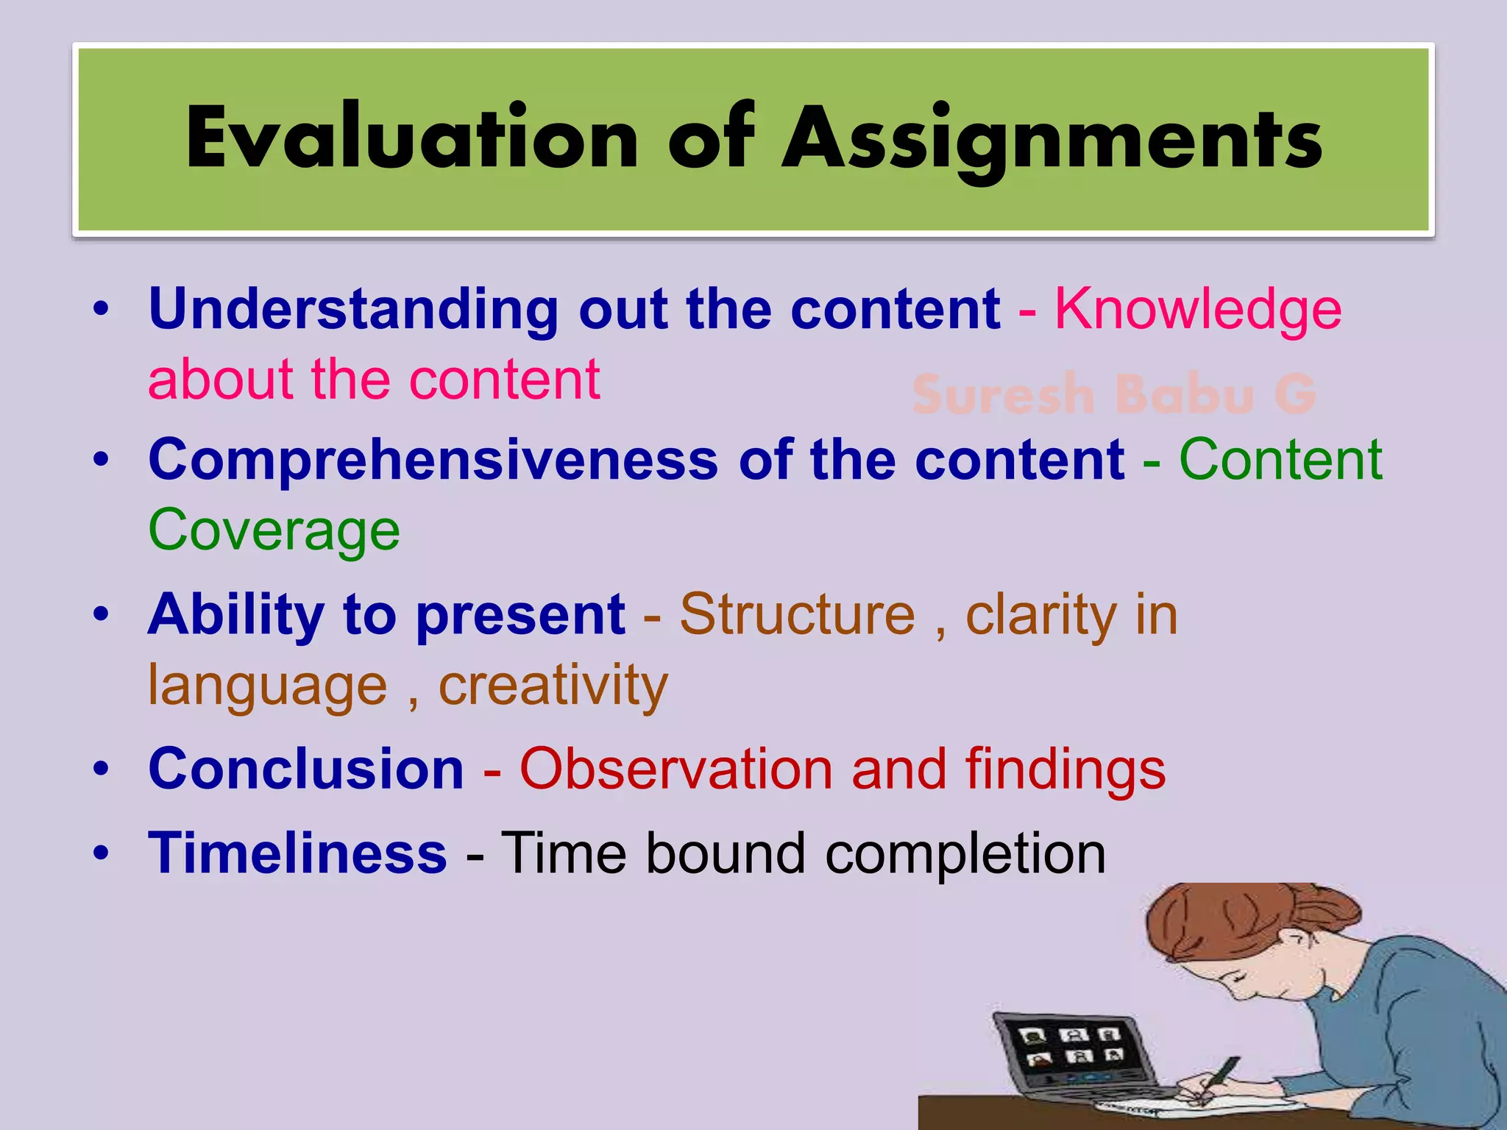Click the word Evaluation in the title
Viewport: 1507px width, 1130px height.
[x=412, y=138]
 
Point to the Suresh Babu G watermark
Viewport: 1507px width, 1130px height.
[x=1113, y=394]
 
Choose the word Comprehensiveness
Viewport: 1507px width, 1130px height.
[x=433, y=461]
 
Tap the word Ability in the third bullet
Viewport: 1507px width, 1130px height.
[x=235, y=615]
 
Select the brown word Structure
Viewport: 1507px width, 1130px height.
[x=797, y=614]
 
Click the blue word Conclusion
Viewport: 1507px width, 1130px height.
[x=306, y=770]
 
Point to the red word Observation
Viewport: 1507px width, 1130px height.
[x=675, y=770]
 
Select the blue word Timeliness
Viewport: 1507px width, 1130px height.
[x=297, y=853]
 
